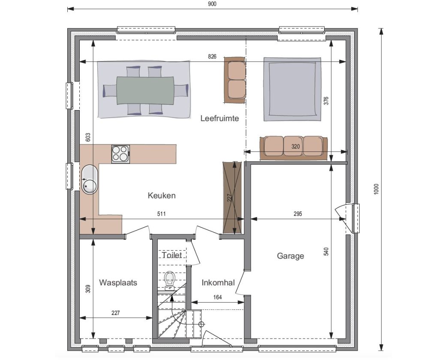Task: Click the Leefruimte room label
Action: click(219, 118)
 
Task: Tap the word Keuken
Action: click(162, 195)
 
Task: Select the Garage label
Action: click(290, 256)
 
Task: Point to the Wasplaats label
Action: click(118, 282)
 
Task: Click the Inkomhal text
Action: click(218, 283)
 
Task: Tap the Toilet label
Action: click(172, 255)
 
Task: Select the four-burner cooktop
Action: click(120, 154)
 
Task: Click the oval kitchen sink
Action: click(90, 180)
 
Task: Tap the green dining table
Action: click(145, 90)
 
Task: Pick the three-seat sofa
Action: click(294, 148)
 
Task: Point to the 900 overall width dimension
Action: click(213, 4)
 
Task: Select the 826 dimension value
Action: click(212, 57)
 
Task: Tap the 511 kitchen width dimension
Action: click(161, 214)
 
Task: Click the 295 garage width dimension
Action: click(298, 214)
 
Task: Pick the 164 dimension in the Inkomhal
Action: click(217, 297)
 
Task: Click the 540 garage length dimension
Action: click(326, 252)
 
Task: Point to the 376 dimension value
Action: click(326, 101)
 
